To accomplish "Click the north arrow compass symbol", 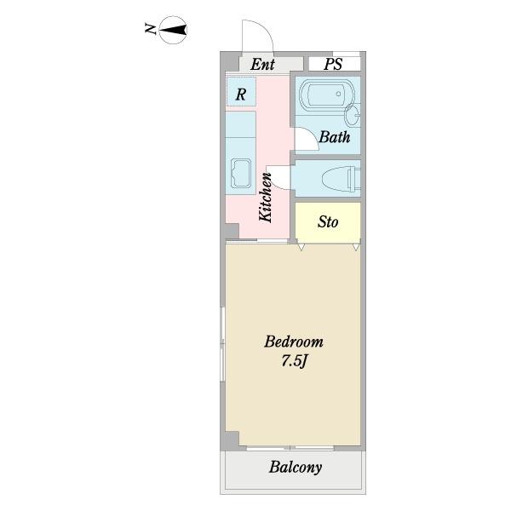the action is pos(173,30).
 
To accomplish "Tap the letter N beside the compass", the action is pos(150,29).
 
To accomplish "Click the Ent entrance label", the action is pos(262,64).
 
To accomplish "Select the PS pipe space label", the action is pos(333,64).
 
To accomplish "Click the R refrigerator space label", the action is pos(240,95).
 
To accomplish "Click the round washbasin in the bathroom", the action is pos(352,115).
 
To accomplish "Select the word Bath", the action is pos(335,137).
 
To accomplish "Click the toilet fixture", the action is pos(342,178).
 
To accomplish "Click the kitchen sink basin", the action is pos(241,174).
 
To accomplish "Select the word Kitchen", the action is pos(265,198).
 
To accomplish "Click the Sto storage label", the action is pos(328,222).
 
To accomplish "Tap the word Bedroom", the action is pos(294,342).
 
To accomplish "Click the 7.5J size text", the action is pos(295,361).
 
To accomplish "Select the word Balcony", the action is pos(296,468).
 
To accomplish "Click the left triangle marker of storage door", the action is pos(301,247).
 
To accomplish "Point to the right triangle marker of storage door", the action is pos(356,247).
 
